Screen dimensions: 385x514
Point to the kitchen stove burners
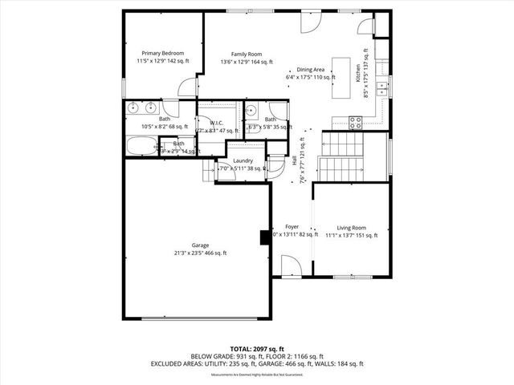(357, 122)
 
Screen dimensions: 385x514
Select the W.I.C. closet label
(216, 123)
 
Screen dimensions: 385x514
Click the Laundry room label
(243, 160)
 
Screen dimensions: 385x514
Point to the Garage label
(200, 245)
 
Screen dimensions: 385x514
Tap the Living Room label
(351, 227)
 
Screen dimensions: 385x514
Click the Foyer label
(291, 227)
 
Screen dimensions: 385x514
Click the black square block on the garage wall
(263, 237)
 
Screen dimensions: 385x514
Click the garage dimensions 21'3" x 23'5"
(200, 253)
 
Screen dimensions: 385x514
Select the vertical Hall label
(295, 160)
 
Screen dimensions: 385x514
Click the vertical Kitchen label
(358, 71)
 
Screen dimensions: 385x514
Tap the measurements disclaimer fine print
(256, 375)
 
